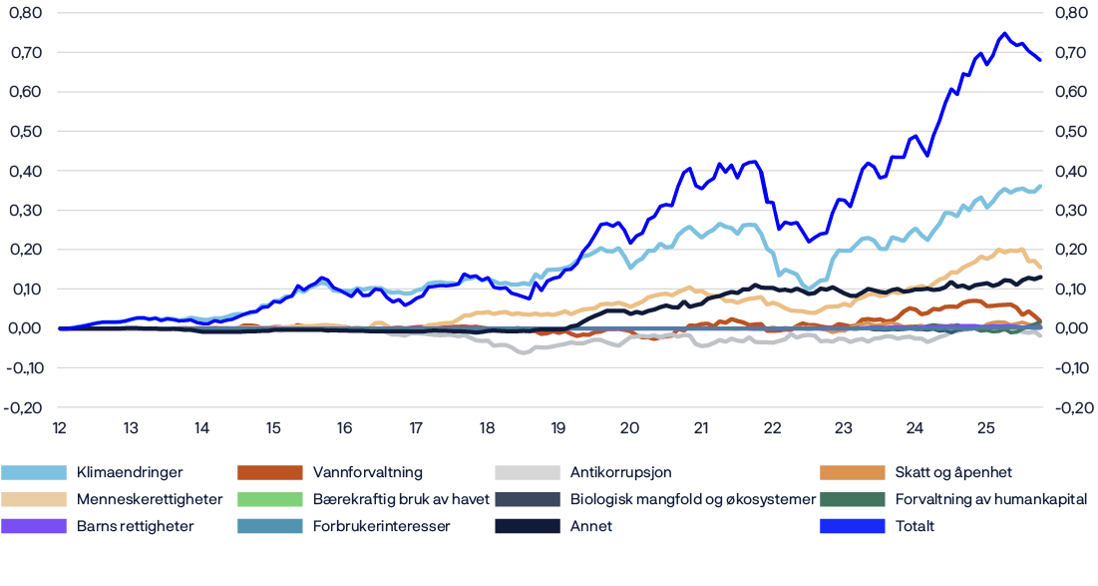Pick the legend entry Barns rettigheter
click(122, 526)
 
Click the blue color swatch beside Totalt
click(852, 526)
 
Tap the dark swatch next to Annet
click(527, 526)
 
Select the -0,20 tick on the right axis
click(1075, 407)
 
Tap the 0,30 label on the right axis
click(1075, 210)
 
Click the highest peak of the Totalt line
click(1003, 33)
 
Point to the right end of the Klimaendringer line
click(1041, 186)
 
